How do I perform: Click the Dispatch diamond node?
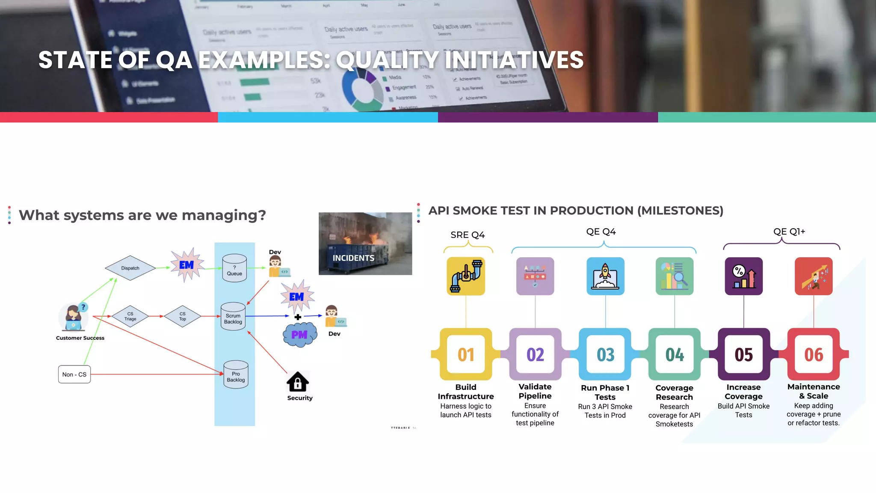click(x=130, y=268)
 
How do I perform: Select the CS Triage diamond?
click(x=130, y=316)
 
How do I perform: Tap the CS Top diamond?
click(x=183, y=316)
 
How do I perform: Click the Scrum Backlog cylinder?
click(x=233, y=317)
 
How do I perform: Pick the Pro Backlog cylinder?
click(x=236, y=374)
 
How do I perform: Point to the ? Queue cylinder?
click(x=234, y=268)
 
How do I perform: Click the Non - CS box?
click(x=74, y=374)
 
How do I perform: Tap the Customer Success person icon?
click(x=73, y=318)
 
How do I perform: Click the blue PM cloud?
click(x=300, y=335)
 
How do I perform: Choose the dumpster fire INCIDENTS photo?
click(x=365, y=244)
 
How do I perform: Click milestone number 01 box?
click(x=466, y=354)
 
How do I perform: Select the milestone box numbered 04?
click(x=675, y=354)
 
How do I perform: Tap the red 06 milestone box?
click(x=814, y=354)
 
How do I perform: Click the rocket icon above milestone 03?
click(x=605, y=276)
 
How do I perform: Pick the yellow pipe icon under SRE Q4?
click(x=466, y=276)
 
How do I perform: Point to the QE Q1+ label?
click(x=789, y=232)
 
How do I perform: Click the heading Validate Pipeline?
click(x=535, y=391)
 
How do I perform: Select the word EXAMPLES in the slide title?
click(x=264, y=60)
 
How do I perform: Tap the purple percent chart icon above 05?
click(x=744, y=276)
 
